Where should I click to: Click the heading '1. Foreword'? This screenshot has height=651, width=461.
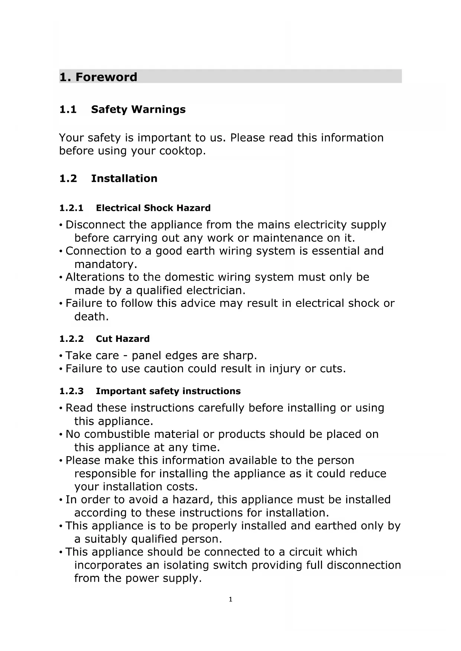pos(98,77)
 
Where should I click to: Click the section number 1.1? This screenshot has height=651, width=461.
pos(68,109)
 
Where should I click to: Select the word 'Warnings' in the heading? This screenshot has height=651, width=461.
pos(158,109)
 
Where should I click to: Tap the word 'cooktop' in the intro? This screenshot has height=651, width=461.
pos(181,151)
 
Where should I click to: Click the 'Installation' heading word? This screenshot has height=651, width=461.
pos(124,179)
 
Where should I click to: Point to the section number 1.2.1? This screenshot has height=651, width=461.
pos(71,208)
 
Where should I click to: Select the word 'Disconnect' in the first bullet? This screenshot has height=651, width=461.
pos(95,225)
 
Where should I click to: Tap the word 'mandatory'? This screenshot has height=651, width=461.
pos(104,264)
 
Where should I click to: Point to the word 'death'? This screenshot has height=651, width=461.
pos(90,317)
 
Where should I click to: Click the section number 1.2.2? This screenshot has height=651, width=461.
pos(71,339)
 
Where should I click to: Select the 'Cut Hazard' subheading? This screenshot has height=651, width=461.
pos(123,339)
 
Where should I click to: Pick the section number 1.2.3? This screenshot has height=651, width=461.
pos(71,391)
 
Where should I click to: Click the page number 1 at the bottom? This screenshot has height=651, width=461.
pos(230,599)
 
